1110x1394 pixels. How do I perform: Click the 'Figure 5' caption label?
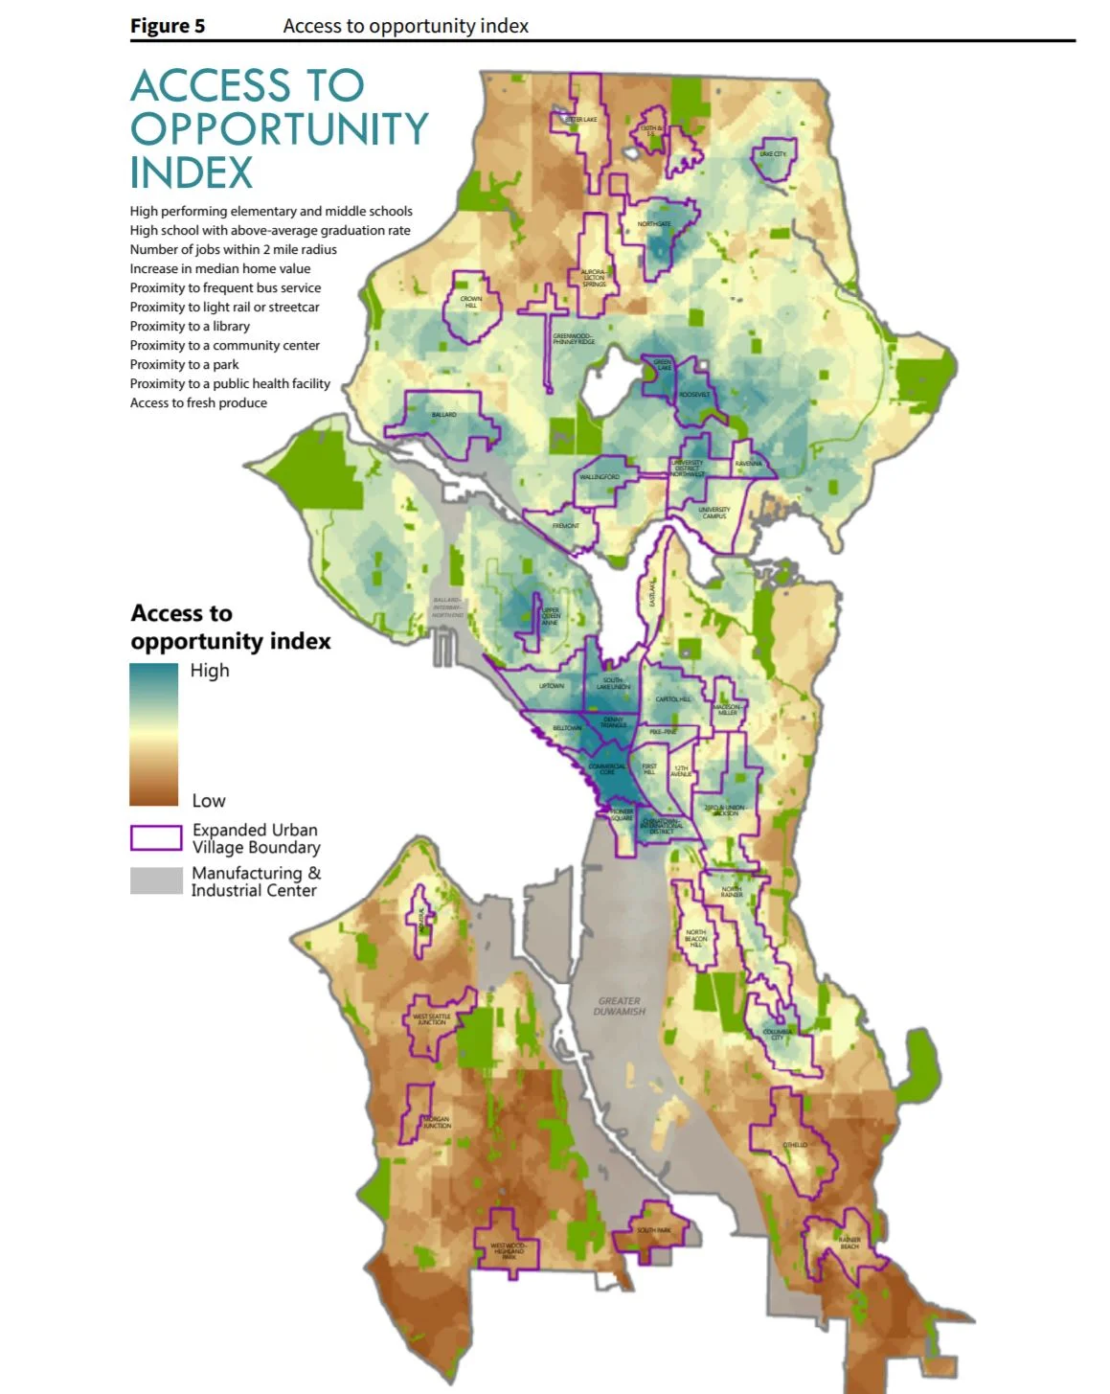click(x=168, y=26)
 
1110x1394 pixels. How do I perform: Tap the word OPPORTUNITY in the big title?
click(x=279, y=129)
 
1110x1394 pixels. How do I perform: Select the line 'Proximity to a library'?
click(x=190, y=326)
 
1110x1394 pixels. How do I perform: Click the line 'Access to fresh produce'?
click(x=198, y=402)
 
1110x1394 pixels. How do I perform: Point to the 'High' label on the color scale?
click(x=210, y=671)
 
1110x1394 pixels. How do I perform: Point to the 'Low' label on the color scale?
click(x=209, y=801)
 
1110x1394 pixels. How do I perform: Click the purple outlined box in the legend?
click(x=156, y=838)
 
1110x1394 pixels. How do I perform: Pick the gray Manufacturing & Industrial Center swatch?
click(x=156, y=880)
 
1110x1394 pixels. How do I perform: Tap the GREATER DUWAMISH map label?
click(x=619, y=1006)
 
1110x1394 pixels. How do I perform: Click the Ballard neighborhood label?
click(x=443, y=415)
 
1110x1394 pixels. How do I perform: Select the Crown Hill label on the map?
click(x=471, y=302)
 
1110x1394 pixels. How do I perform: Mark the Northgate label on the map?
click(x=654, y=224)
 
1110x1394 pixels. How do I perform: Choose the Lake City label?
click(x=772, y=154)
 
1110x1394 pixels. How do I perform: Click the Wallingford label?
click(x=600, y=477)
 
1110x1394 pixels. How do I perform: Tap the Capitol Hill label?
click(x=672, y=699)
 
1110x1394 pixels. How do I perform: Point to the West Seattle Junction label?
click(x=432, y=1019)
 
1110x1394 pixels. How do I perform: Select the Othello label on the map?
click(x=795, y=1145)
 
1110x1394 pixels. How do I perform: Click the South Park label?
click(x=654, y=1230)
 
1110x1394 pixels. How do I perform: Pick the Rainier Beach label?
click(x=849, y=1243)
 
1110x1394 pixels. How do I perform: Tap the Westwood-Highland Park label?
click(x=509, y=1250)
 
